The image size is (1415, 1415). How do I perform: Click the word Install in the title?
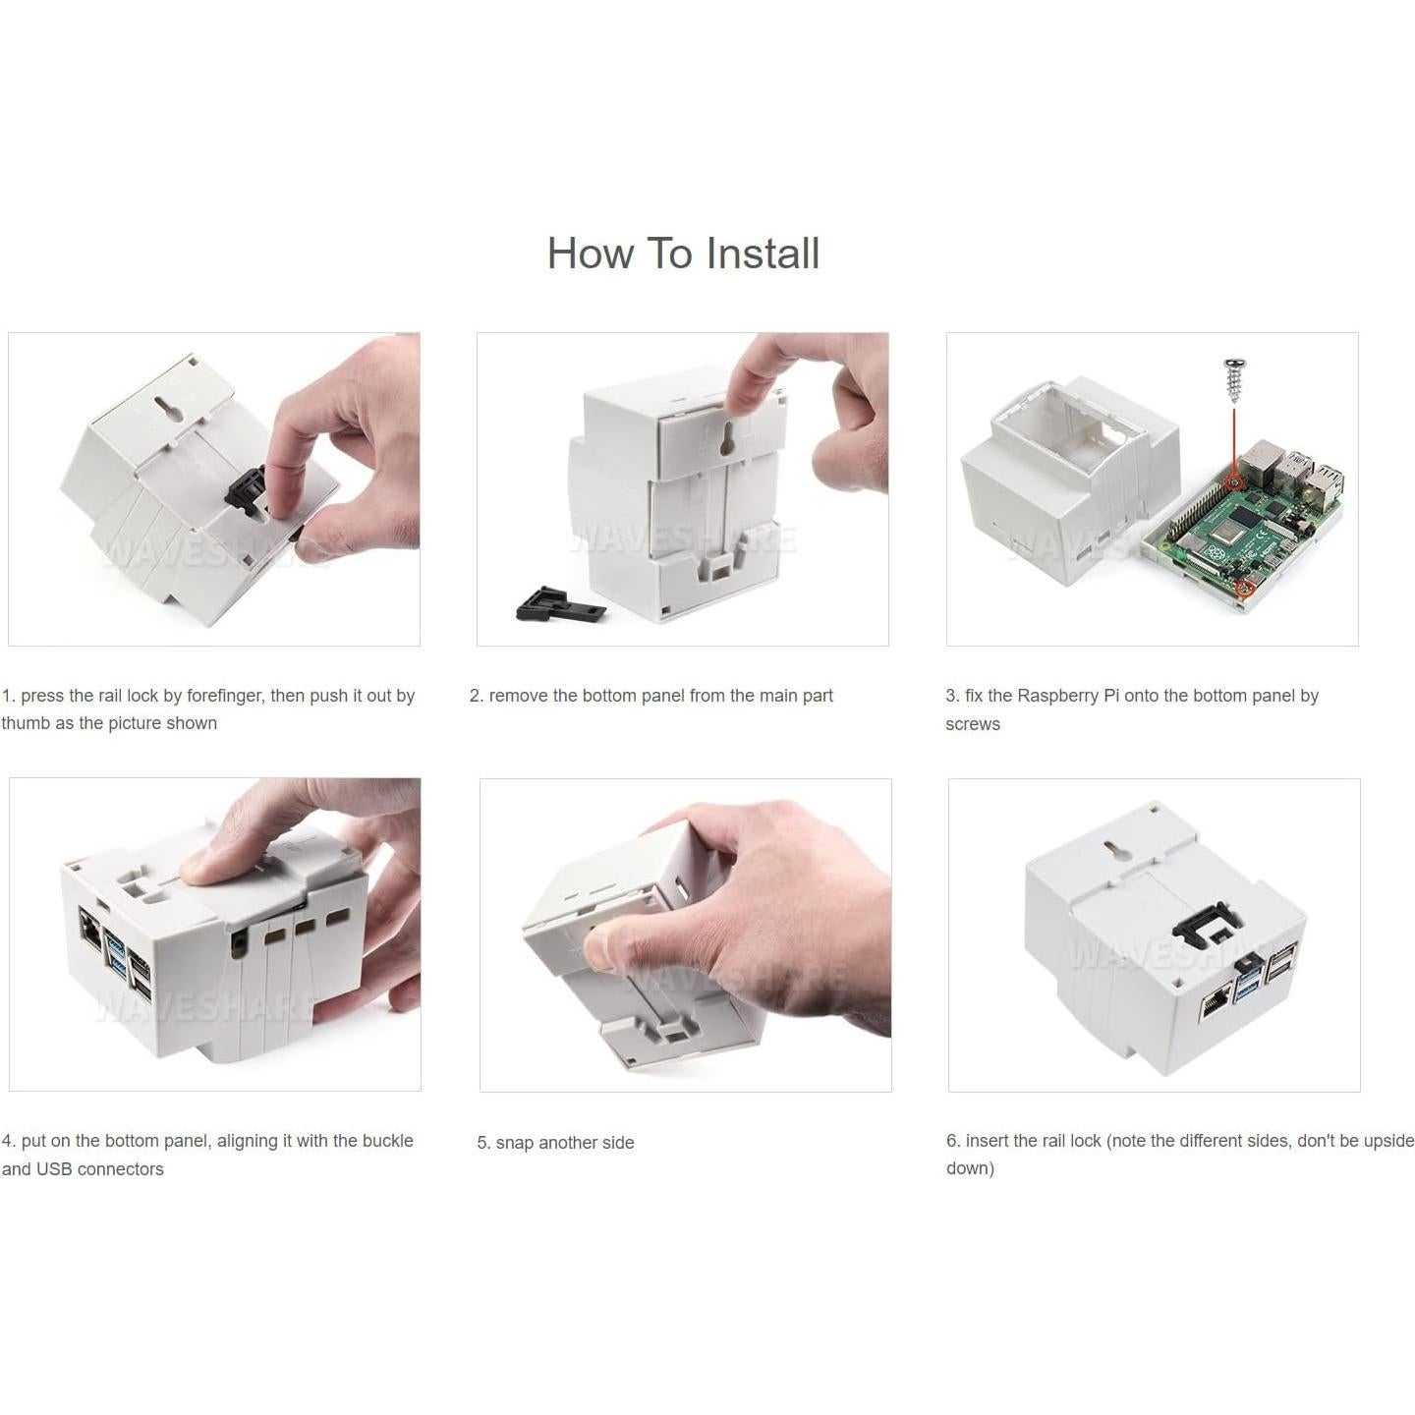pyautogui.click(x=763, y=254)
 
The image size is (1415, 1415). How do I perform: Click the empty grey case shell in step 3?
pyautogui.click(x=1061, y=472)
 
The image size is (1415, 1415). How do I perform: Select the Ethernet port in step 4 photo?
pyautogui.click(x=89, y=928)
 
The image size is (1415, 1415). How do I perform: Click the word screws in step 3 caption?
pyautogui.click(x=972, y=724)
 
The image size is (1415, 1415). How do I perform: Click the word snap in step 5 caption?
pyautogui.click(x=514, y=1143)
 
